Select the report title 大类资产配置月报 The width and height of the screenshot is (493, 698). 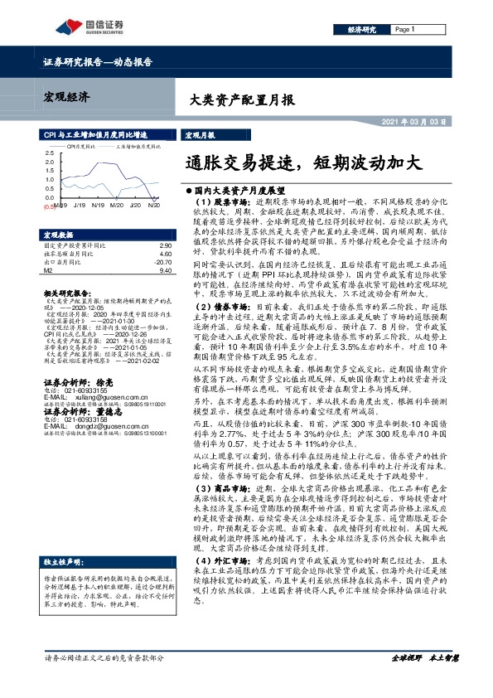[237, 101]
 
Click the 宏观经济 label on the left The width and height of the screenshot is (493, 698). [66, 97]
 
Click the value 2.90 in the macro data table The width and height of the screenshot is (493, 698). [164, 246]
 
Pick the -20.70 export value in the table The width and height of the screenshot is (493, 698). [162, 261]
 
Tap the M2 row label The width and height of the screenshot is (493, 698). [48, 269]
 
